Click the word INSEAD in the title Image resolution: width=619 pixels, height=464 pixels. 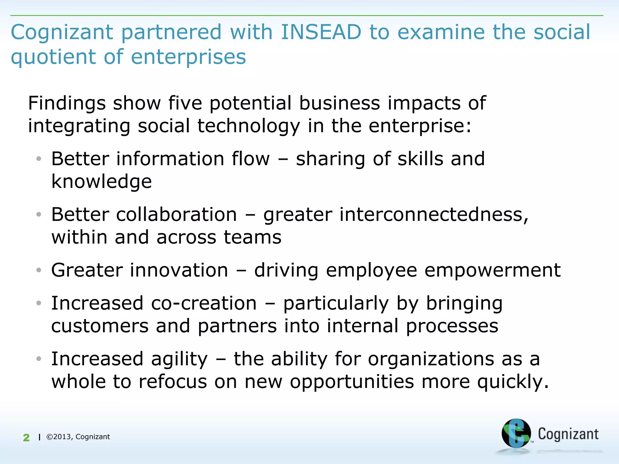pyautogui.click(x=321, y=32)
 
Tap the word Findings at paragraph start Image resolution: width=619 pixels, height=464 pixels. pyautogui.click(x=67, y=104)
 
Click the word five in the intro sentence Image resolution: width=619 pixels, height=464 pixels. pyautogui.click(x=185, y=103)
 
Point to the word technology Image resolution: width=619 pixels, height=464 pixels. pyautogui.click(x=249, y=126)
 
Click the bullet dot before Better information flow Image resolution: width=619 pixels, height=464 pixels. pyautogui.click(x=38, y=159)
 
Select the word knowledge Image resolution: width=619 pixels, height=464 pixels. pyautogui.click(x=102, y=182)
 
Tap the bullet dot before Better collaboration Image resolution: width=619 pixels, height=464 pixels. pyautogui.click(x=38, y=214)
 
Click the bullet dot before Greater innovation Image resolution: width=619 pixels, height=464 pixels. pyautogui.click(x=38, y=270)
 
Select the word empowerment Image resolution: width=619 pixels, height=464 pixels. pyautogui.click(x=492, y=270)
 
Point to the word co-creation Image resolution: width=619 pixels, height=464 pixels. pyautogui.click(x=204, y=303)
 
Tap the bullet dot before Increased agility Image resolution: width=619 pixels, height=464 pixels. pyautogui.click(x=38, y=359)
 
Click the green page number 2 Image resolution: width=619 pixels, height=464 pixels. pyautogui.click(x=26, y=437)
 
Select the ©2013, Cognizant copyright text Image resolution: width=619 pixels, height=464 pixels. pyautogui.click(x=78, y=437)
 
